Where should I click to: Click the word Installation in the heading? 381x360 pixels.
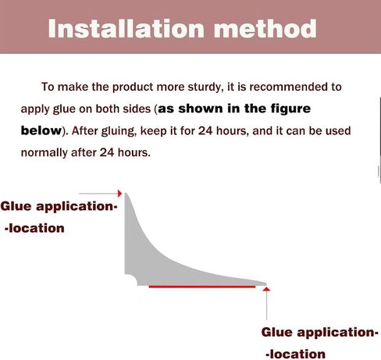pos(126,29)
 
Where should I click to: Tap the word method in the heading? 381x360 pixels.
pos(265,29)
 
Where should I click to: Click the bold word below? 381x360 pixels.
pos(41,130)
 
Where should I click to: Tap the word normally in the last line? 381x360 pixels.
pos(44,153)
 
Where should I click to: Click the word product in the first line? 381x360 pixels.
pos(133,87)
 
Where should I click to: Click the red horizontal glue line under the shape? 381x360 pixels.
pos(202,287)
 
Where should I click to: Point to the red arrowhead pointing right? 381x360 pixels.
pos(119,194)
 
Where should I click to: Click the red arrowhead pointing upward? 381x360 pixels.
pos(266,289)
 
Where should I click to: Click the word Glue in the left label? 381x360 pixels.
pos(16,206)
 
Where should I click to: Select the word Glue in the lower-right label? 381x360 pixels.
pos(277,332)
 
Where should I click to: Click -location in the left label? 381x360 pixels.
pos(34,228)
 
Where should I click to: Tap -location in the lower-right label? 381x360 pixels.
pos(296,355)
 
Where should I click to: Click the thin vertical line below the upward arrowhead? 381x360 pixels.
pos(266,305)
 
